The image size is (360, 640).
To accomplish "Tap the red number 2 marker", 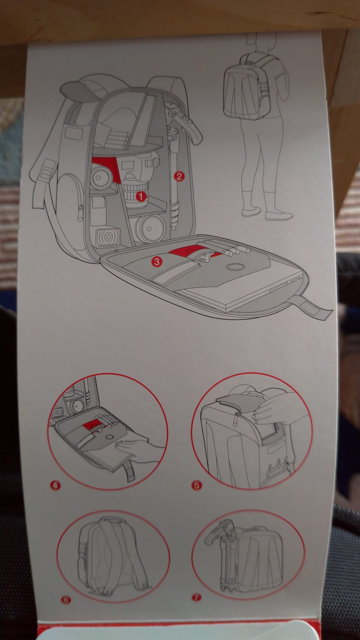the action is (179, 176).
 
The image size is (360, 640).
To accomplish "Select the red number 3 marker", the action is (157, 261).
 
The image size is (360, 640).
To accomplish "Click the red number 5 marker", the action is (196, 485).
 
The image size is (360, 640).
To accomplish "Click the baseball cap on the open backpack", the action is (79, 91).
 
